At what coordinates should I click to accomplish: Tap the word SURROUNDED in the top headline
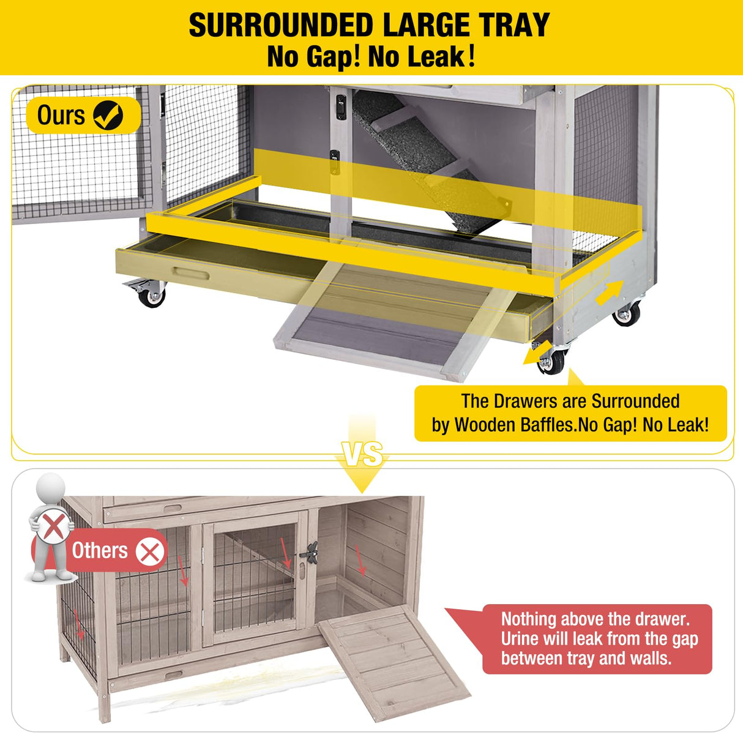pos(280,26)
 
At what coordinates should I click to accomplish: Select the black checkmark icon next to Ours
pos(108,116)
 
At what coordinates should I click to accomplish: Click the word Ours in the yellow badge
pos(61,115)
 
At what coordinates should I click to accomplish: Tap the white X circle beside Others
pos(150,551)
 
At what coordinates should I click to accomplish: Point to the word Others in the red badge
pos(100,550)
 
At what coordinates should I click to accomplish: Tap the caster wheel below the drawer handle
pos(151,297)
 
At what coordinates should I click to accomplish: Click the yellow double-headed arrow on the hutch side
pos(609,293)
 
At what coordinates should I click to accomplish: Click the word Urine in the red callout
pos(520,639)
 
